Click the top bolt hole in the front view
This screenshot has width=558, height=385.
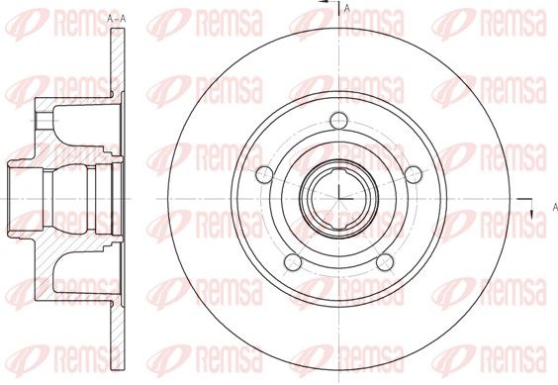(x=338, y=121)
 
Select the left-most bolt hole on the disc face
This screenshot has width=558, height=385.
(x=265, y=174)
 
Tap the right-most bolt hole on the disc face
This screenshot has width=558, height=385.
(x=414, y=174)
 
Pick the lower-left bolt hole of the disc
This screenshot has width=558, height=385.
(x=293, y=261)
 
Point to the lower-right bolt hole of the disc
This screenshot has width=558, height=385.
(x=385, y=261)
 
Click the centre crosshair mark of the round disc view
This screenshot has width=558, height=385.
(x=338, y=198)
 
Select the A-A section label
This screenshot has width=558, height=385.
(x=117, y=19)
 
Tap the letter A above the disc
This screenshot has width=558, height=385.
(x=347, y=8)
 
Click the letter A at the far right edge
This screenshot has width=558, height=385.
(x=555, y=207)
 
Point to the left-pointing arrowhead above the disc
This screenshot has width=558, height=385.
(x=324, y=2)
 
